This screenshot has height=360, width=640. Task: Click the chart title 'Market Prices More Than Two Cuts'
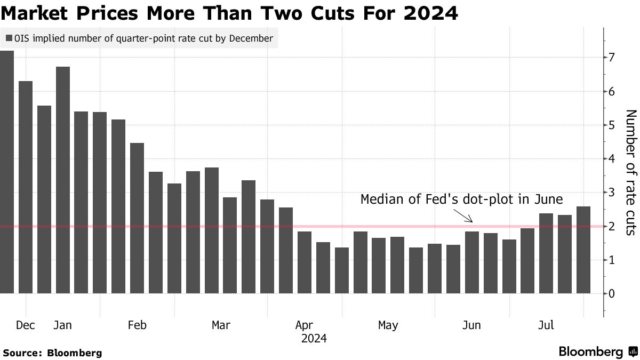click(229, 13)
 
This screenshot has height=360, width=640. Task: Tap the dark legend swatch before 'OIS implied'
click(9, 38)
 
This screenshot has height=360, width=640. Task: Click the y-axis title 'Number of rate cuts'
click(630, 172)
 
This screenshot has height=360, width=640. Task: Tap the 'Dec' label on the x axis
click(25, 325)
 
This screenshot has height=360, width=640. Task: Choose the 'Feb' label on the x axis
click(137, 325)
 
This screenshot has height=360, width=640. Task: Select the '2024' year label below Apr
click(314, 339)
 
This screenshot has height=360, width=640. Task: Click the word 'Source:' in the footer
click(22, 353)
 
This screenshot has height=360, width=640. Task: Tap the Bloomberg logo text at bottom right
click(590, 352)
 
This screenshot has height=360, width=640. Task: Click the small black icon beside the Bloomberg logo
click(633, 352)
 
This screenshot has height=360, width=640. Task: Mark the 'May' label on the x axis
click(388, 325)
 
